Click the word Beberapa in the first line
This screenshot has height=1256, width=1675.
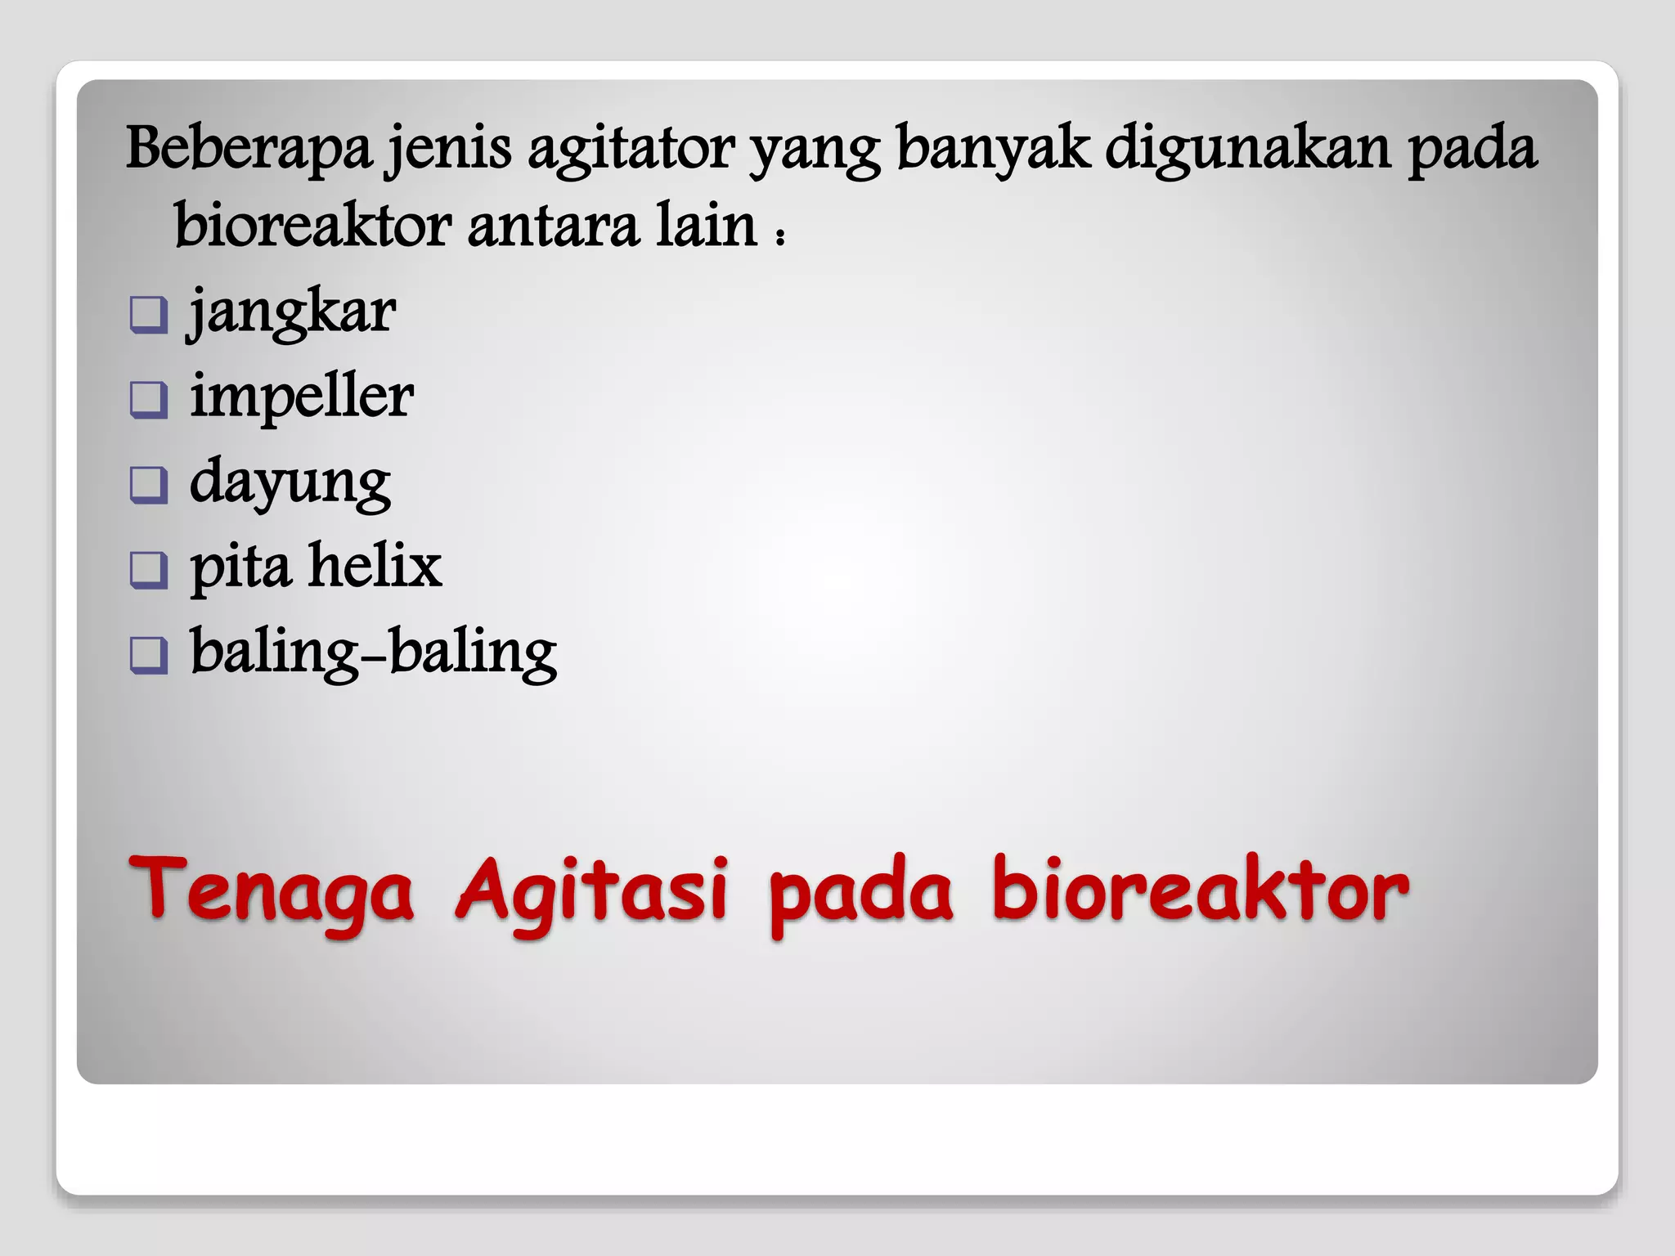[x=249, y=149]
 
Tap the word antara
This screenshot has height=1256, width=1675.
[x=553, y=226]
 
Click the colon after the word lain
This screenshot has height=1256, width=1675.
[x=780, y=235]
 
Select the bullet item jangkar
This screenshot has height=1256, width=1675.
[x=293, y=313]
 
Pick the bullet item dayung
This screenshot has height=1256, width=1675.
[x=290, y=483]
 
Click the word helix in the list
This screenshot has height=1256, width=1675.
[x=375, y=566]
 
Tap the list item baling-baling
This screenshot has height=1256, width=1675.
[x=373, y=653]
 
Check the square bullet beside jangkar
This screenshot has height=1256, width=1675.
[x=148, y=315]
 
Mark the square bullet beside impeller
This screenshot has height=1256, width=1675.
[x=148, y=400]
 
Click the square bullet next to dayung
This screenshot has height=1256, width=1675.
[x=148, y=485]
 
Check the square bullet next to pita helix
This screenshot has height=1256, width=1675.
[x=148, y=570]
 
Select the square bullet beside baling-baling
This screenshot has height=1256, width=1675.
[x=148, y=655]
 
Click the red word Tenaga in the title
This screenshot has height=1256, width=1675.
[x=271, y=890]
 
